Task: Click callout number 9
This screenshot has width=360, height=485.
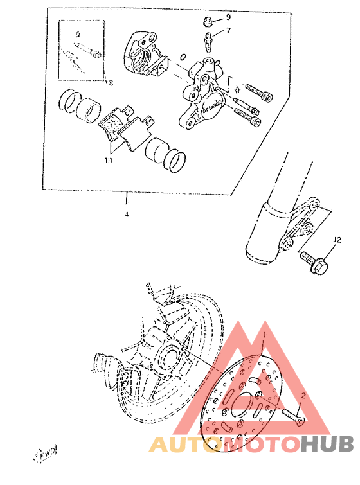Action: click(x=228, y=17)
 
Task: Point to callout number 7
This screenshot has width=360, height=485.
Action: click(x=228, y=30)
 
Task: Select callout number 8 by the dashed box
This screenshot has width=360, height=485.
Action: click(x=110, y=83)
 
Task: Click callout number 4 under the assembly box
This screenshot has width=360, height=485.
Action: click(x=127, y=214)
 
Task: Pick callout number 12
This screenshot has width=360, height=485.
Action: click(x=337, y=240)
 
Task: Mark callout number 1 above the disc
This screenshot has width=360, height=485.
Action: click(x=263, y=335)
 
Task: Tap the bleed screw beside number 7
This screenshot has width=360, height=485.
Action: click(x=210, y=42)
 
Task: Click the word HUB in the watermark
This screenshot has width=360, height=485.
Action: click(x=327, y=445)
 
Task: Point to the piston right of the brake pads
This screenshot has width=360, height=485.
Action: click(x=165, y=155)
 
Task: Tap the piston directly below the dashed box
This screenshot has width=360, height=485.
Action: click(x=78, y=105)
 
